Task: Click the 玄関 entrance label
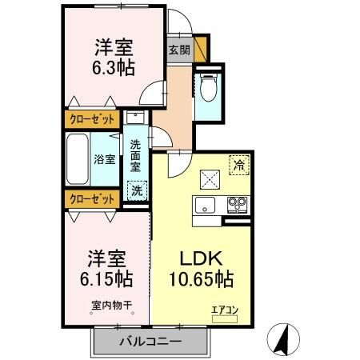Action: [x=178, y=50]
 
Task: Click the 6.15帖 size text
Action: [x=108, y=281]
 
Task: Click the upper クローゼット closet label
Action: [x=88, y=119]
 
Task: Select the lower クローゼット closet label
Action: [x=88, y=197]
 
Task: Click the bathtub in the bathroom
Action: [x=81, y=158]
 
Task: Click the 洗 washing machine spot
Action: [x=137, y=193]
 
